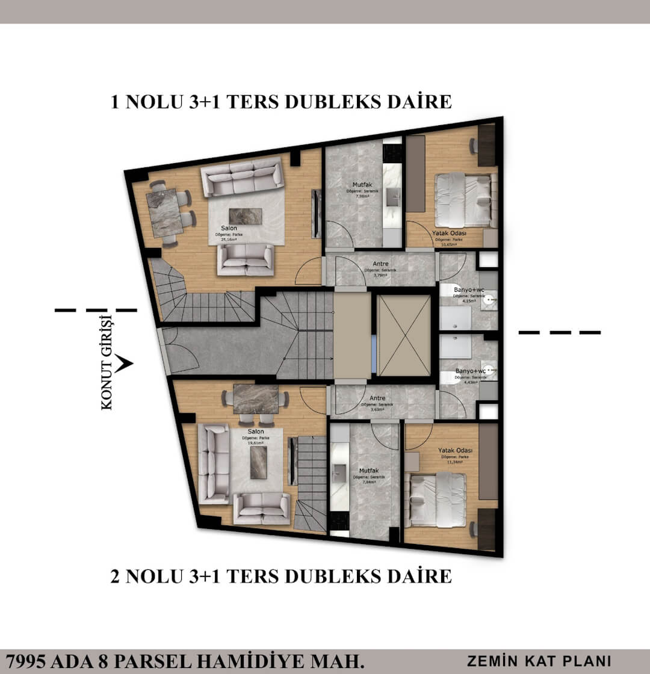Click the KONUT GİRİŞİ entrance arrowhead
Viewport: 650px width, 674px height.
pos(124,363)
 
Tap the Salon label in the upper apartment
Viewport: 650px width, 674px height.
pos(228,228)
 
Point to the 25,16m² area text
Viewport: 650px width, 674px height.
pos(229,239)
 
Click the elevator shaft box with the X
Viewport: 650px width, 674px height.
pos(404,336)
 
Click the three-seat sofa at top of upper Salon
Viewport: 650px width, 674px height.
pos(241,177)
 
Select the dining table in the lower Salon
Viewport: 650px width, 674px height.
pos(255,398)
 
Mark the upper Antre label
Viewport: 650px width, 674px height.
pos(380,264)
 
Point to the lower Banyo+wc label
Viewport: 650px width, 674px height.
pos(470,371)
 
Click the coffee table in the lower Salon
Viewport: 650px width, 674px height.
pos(259,462)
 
